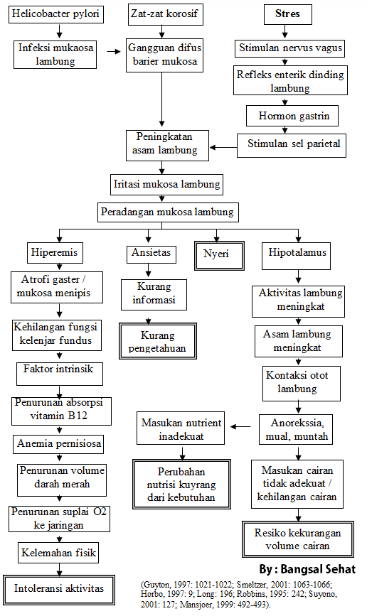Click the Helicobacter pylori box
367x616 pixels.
(57, 14)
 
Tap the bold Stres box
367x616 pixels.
(287, 14)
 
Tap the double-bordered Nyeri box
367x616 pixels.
(219, 254)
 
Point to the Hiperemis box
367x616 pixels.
(53, 252)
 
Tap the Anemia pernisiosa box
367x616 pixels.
(60, 445)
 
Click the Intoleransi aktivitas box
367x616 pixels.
(59, 588)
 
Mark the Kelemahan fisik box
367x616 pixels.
(59, 552)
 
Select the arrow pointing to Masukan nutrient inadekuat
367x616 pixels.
(239, 427)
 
